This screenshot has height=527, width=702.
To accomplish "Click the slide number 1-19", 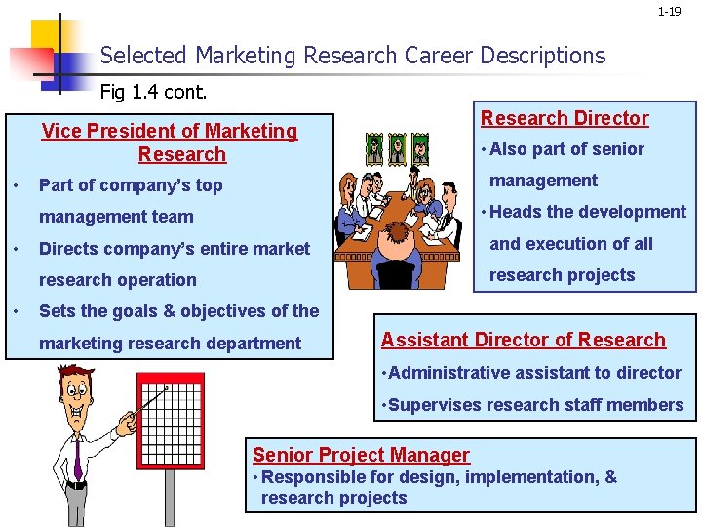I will click(x=669, y=12).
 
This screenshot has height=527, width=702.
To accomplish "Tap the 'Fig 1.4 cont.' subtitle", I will click(x=153, y=93).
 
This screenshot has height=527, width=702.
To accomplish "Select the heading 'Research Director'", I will click(x=565, y=118).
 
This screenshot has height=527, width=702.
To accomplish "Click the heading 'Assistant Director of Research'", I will click(x=524, y=340).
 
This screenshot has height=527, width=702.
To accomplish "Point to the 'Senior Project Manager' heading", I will click(x=361, y=455).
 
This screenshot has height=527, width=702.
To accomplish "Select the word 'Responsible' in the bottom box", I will click(x=310, y=477).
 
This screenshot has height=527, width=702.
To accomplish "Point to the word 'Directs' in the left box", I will click(x=67, y=248).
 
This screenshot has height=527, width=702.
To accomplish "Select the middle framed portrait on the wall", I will click(x=397, y=149).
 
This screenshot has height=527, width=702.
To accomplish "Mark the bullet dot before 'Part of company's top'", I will click(x=17, y=185).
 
